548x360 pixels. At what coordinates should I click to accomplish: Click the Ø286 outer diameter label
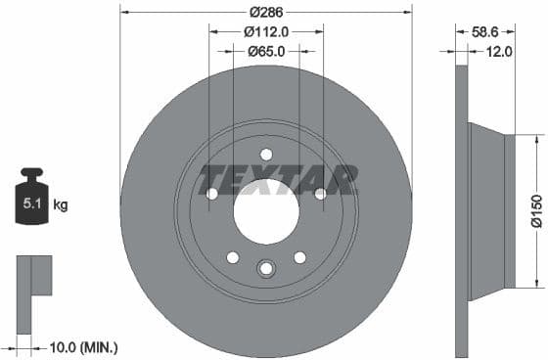[265, 12]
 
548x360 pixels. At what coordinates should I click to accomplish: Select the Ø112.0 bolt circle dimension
[265, 31]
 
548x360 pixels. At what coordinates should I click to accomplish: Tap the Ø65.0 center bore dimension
[265, 51]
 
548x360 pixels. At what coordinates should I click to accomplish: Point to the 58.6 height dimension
[485, 31]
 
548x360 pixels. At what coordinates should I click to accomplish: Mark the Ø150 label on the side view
[536, 211]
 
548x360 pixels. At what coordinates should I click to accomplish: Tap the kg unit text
[60, 205]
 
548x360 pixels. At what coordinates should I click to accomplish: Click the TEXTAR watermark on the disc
[278, 180]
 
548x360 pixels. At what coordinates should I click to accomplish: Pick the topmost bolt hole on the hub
[265, 154]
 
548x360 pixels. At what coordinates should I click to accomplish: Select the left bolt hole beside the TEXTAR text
[211, 194]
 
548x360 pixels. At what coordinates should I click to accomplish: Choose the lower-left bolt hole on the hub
[232, 257]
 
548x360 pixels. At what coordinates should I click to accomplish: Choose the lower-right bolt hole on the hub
[298, 257]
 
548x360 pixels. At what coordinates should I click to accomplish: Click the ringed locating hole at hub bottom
[265, 269]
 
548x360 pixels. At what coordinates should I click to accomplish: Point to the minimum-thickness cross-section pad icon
[32, 278]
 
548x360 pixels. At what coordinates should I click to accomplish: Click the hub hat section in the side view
[489, 212]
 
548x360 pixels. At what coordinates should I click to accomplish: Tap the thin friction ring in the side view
[462, 212]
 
